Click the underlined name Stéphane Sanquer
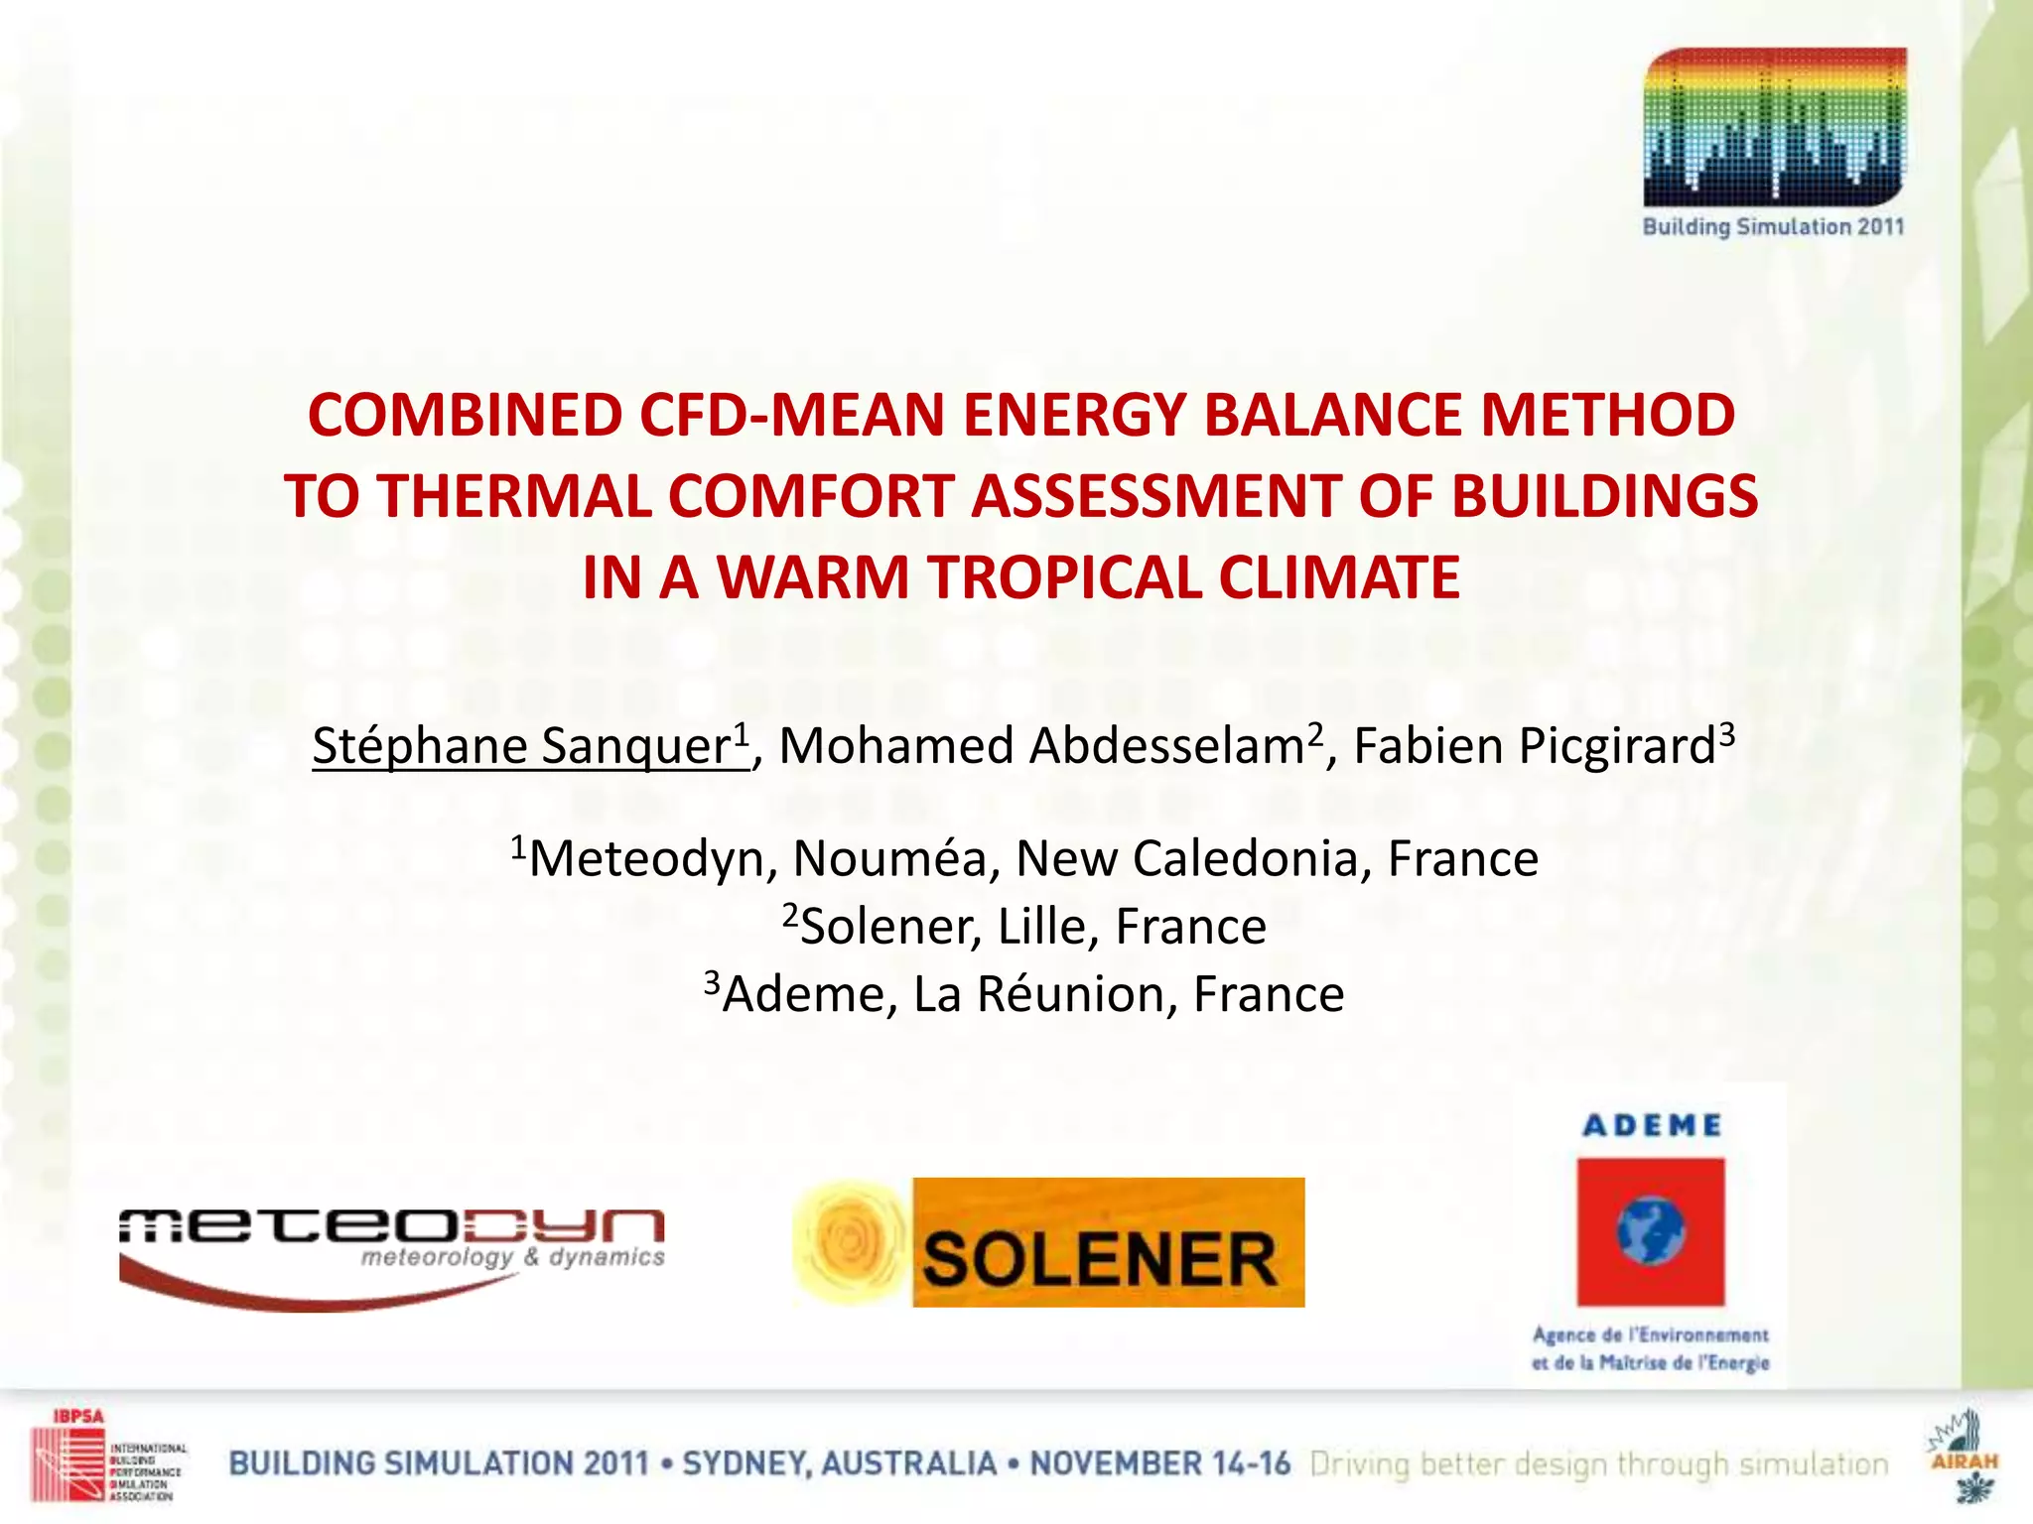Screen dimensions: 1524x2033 tap(529, 746)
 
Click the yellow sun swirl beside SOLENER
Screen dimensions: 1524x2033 tap(849, 1240)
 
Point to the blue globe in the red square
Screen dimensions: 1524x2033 tap(1649, 1230)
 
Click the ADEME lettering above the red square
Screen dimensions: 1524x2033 tap(1652, 1125)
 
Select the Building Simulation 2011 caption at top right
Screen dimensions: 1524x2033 tap(1773, 227)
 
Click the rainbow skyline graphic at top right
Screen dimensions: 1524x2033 tap(1775, 127)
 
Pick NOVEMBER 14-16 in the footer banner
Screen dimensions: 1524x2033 tap(1159, 1464)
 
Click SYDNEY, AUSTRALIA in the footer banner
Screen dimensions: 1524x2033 tap(839, 1464)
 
